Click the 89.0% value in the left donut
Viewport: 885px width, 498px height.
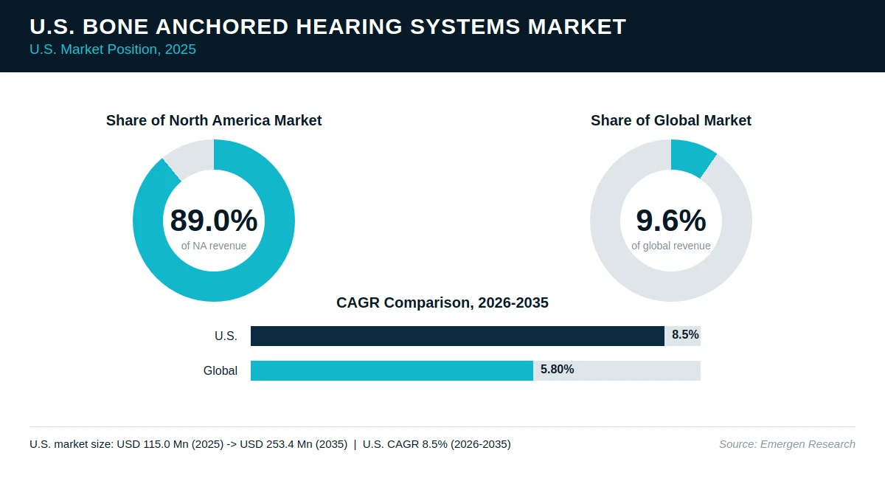pyautogui.click(x=214, y=220)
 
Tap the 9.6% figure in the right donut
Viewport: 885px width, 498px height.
pyautogui.click(x=671, y=220)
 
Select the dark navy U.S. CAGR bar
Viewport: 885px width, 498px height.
pyautogui.click(x=457, y=336)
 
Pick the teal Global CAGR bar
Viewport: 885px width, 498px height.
pyautogui.click(x=392, y=370)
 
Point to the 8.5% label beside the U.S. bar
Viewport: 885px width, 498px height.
pyautogui.click(x=685, y=335)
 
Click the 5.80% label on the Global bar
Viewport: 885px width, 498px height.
pyautogui.click(x=557, y=369)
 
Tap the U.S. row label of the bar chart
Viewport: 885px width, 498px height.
pyautogui.click(x=226, y=336)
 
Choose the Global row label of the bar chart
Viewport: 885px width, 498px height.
pyautogui.click(x=220, y=370)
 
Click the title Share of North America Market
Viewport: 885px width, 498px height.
pyautogui.click(x=214, y=120)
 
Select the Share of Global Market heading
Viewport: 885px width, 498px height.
pyautogui.click(x=671, y=120)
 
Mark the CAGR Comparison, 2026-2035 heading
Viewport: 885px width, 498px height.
pyautogui.click(x=442, y=302)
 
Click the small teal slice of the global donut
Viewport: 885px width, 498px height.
pyautogui.click(x=692, y=157)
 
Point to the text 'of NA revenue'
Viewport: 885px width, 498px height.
pyautogui.click(x=214, y=246)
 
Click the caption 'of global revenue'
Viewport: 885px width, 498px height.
pyautogui.click(x=671, y=246)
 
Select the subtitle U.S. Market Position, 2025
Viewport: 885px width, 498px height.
pyautogui.click(x=113, y=49)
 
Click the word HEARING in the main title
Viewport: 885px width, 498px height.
pyautogui.click(x=349, y=27)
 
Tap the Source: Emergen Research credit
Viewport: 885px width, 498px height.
pyautogui.click(x=787, y=444)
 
